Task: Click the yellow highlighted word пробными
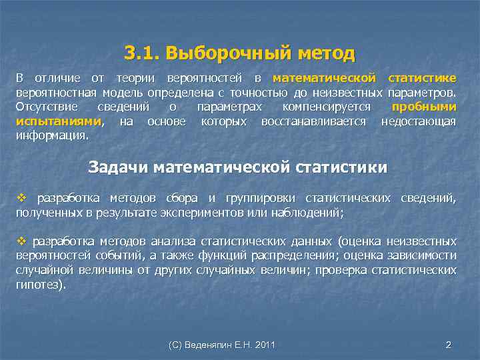(424, 107)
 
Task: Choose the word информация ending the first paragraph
(51, 135)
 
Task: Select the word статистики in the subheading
(343, 167)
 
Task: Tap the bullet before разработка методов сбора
(21, 199)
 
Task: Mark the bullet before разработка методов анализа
(21, 241)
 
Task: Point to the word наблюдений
(309, 213)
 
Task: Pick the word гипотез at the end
(39, 284)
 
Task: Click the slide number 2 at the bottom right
(448, 345)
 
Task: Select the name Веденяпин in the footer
(212, 345)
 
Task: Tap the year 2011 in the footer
(265, 345)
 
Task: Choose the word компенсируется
(327, 107)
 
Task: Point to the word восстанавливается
(314, 121)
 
